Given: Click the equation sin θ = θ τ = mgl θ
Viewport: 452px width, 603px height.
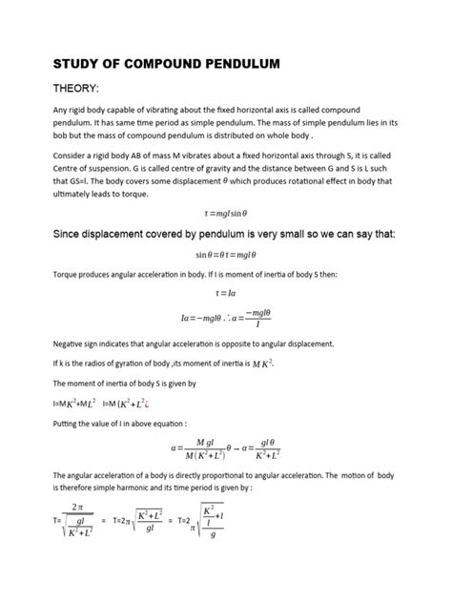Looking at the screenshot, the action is [x=226, y=255].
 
